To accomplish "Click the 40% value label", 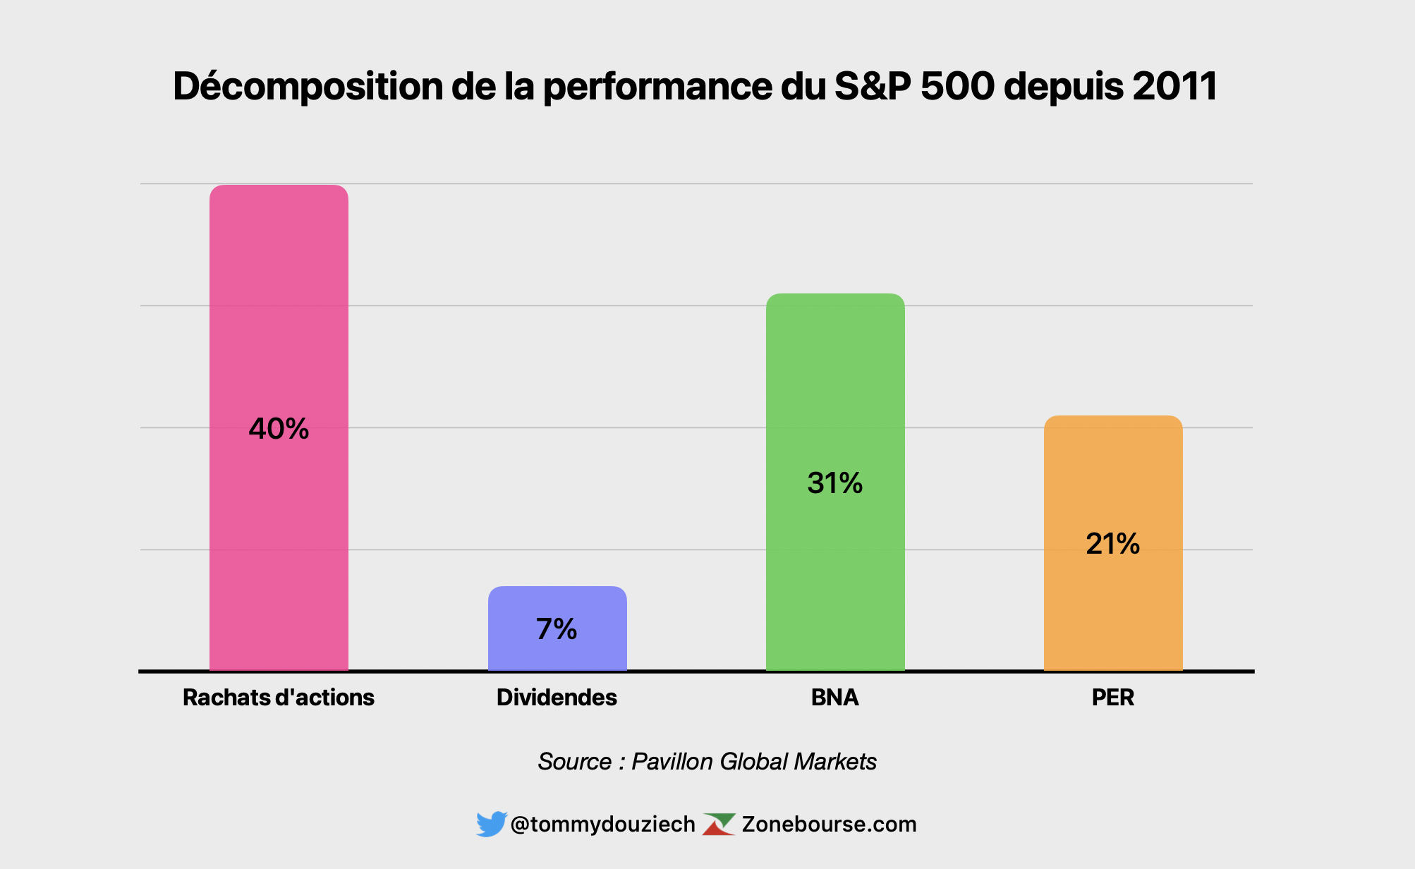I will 279,429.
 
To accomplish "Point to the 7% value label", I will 557,629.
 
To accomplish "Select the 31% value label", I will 835,483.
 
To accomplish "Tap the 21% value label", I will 1113,544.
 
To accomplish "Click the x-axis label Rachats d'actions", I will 279,698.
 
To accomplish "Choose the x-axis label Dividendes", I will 557,698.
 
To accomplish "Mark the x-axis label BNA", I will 835,698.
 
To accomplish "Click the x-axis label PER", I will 1113,698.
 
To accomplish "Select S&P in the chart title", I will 873,86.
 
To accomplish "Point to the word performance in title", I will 657,87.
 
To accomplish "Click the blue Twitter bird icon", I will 491,824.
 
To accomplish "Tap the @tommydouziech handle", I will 602,824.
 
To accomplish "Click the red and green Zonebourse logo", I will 719,824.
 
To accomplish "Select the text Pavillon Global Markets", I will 753,762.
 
